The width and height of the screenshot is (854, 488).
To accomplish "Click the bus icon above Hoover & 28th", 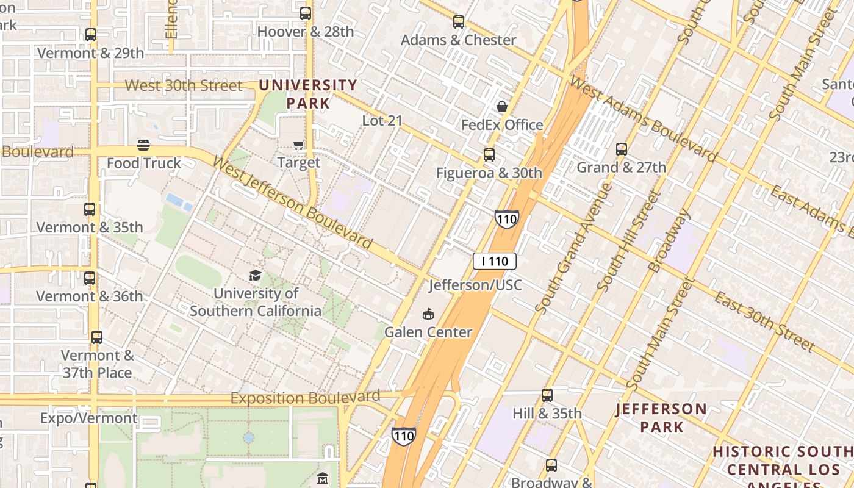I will tap(306, 13).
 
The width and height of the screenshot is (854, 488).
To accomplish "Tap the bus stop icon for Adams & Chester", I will tap(459, 22).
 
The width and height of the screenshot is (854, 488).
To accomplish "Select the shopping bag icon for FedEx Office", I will tap(502, 107).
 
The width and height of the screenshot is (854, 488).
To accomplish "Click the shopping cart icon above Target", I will tap(299, 145).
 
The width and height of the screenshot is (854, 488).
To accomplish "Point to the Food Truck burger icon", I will tap(143, 145).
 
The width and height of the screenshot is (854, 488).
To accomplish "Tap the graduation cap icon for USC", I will tap(255, 275).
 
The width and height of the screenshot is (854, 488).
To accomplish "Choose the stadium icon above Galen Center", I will tap(428, 314).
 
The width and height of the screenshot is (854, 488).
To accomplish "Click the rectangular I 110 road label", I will tap(495, 261).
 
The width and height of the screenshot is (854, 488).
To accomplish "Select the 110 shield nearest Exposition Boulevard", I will tap(403, 436).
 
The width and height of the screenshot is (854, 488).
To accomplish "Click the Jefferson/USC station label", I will tap(475, 285).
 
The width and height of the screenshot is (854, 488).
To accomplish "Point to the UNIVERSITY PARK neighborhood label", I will tap(308, 94).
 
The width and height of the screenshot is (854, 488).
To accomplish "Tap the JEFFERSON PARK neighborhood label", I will tap(662, 417).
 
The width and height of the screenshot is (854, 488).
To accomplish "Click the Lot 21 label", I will tap(382, 120).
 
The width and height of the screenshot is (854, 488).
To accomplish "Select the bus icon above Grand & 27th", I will tap(622, 149).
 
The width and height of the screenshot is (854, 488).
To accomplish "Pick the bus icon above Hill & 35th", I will tap(547, 395).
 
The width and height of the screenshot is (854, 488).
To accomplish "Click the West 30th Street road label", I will tap(184, 85).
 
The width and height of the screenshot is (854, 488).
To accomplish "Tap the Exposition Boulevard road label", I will tap(305, 398).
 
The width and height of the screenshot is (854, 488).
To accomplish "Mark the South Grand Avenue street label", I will tap(573, 248).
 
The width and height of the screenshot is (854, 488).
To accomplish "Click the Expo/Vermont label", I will tap(89, 418).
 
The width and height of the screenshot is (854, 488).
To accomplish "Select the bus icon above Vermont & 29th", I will tap(91, 35).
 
